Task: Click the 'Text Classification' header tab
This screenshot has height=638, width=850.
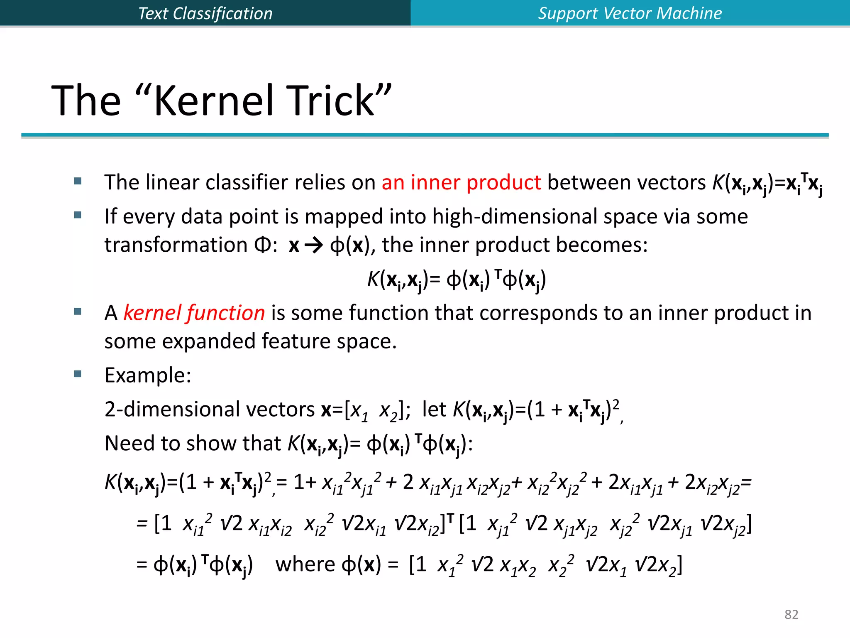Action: tap(205, 13)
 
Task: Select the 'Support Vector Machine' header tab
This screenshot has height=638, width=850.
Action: tap(630, 13)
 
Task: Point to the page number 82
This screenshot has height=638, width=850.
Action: tap(791, 614)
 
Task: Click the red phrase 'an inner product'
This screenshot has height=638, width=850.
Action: tap(461, 183)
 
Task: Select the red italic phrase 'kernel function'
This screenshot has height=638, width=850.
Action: tap(194, 313)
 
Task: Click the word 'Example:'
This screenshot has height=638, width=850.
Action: tap(148, 375)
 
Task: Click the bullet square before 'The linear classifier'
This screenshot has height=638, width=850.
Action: tap(78, 181)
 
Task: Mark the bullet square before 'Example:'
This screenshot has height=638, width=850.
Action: tap(78, 374)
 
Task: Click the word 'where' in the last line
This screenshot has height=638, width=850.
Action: tap(305, 564)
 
